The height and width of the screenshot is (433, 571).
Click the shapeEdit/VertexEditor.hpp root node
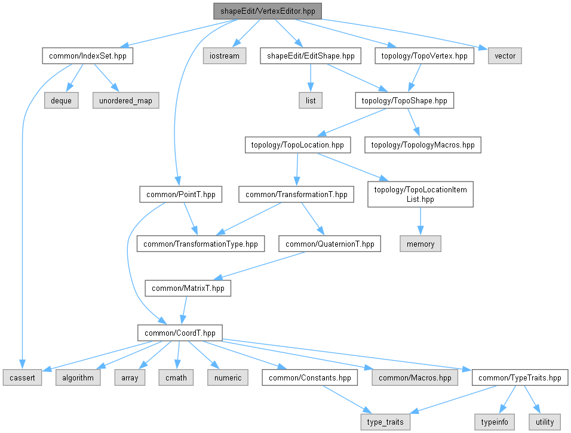pos(268,11)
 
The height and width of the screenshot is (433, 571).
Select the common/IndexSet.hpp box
pos(87,56)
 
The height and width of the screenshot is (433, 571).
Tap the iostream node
pos(224,56)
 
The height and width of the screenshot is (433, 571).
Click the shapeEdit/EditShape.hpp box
pos(311,56)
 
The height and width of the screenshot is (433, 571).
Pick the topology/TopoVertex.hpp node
pos(425,56)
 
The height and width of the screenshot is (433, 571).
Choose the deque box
pos(61,100)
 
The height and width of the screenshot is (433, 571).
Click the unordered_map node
pos(125,100)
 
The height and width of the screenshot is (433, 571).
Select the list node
pos(311,100)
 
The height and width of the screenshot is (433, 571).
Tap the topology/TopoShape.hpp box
pos(404,100)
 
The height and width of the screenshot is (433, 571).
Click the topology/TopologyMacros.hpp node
pos(423,145)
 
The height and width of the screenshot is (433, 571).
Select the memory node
pos(420,244)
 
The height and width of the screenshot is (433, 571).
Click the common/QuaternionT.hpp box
pos(330,244)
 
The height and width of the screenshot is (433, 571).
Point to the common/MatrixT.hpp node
pos(188,288)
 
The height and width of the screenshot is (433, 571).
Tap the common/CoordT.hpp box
pos(180,333)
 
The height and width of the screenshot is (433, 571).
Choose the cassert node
pos(22,377)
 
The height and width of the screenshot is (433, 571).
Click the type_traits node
pos(385,422)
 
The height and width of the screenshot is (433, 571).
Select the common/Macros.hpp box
pos(415,377)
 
